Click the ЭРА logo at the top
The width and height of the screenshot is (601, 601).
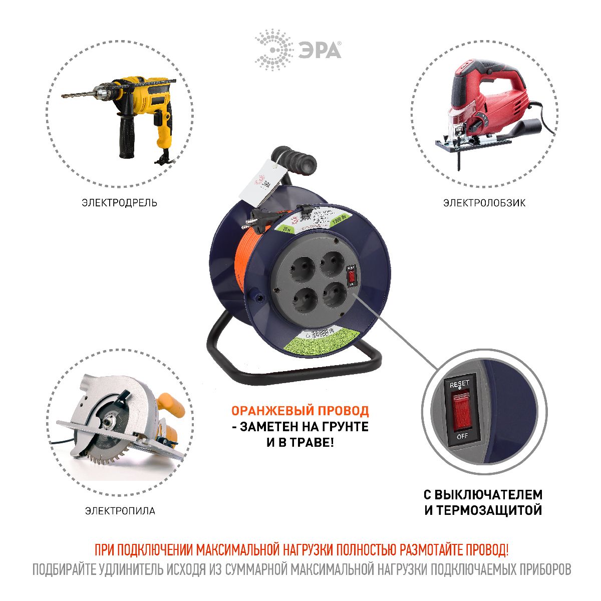click(x=298, y=50)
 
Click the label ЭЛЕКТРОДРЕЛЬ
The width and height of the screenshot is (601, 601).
click(x=120, y=203)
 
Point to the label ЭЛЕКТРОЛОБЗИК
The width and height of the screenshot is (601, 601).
click(x=484, y=203)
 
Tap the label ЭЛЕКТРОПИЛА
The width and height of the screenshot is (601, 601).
click(x=120, y=511)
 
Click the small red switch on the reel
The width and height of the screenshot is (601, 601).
click(x=352, y=276)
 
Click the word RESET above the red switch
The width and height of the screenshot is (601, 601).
click(x=459, y=384)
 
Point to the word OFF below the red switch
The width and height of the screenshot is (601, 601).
click(x=462, y=436)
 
